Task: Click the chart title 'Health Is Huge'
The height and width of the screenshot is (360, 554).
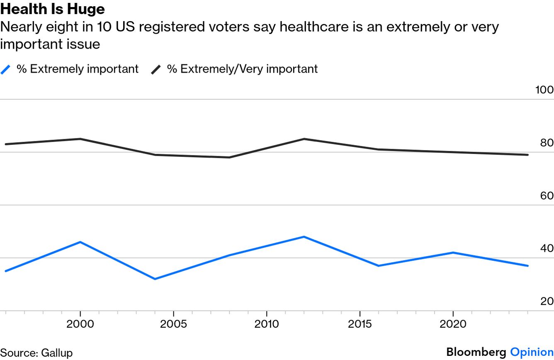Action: pos(53,9)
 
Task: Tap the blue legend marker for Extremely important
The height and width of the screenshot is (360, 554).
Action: pos(5,69)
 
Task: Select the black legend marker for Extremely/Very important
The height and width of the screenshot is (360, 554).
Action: pos(156,69)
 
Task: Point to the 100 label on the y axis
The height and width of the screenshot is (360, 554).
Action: pos(544,90)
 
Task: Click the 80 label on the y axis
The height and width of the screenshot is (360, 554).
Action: pos(547,143)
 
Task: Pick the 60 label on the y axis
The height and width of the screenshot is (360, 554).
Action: pos(547,196)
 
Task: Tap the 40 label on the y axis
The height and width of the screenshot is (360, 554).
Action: pos(547,248)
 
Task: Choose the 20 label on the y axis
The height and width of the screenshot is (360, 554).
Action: pos(547,302)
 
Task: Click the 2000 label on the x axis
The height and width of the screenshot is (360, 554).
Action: pos(80,324)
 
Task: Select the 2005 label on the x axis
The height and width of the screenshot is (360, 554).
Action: pos(173,324)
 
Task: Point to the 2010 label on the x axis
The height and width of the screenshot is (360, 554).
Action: pos(266,324)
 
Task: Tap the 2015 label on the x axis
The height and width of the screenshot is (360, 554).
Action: pos(360,324)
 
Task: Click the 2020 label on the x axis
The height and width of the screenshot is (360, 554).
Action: pos(453,324)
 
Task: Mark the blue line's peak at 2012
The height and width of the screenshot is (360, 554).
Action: pos(304,237)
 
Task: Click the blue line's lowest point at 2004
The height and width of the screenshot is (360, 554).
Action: pos(155,279)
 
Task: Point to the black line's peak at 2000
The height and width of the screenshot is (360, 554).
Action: pos(80,139)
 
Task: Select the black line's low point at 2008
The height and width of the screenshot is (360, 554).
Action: pos(229,157)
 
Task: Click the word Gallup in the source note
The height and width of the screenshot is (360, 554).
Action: pos(57,353)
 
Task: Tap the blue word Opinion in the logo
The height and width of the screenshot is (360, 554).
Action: pos(532,352)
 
